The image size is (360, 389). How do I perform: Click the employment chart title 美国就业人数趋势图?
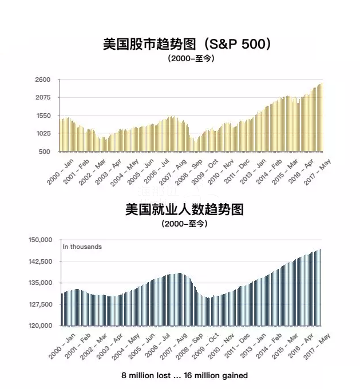[184, 209]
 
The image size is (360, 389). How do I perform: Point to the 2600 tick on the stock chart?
[43, 80]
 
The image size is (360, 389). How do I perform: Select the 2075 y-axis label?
[43, 98]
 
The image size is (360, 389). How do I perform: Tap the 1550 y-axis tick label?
[43, 116]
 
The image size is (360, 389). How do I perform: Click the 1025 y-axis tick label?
[43, 134]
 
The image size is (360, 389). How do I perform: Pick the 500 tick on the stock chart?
[45, 152]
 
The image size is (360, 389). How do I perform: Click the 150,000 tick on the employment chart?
[40, 240]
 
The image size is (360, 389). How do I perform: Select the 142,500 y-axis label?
[40, 261]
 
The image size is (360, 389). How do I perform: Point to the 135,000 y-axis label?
[40, 283]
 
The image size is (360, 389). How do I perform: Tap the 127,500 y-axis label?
[40, 304]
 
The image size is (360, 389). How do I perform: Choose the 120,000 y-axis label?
[40, 326]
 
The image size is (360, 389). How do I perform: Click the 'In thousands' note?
[82, 247]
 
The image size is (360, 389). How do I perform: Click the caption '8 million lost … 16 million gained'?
[184, 375]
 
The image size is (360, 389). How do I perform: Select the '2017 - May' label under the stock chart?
[318, 170]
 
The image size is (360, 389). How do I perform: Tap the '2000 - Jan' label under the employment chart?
[61, 344]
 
